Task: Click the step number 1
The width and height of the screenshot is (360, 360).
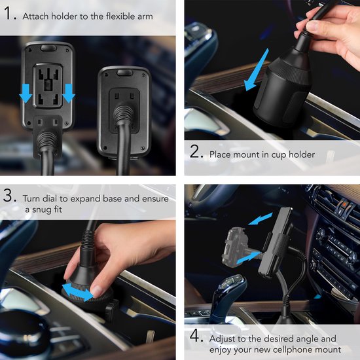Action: (x=10, y=13)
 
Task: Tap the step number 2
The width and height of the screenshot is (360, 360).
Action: (x=196, y=152)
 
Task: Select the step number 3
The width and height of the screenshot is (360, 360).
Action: (x=10, y=196)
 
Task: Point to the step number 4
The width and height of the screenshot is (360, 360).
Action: (x=196, y=336)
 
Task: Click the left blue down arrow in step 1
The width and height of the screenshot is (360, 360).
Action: (x=26, y=93)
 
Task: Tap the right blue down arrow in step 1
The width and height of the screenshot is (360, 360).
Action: (x=69, y=93)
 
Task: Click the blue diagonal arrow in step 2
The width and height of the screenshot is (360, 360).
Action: (x=256, y=70)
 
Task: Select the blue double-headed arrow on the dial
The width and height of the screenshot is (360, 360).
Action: (x=79, y=291)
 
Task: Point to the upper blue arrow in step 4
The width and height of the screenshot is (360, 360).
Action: (x=260, y=219)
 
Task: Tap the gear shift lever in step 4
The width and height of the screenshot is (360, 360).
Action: (x=227, y=298)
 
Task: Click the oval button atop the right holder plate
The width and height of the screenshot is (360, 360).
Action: (x=124, y=73)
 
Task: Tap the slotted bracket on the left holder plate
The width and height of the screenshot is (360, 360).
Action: (x=48, y=86)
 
